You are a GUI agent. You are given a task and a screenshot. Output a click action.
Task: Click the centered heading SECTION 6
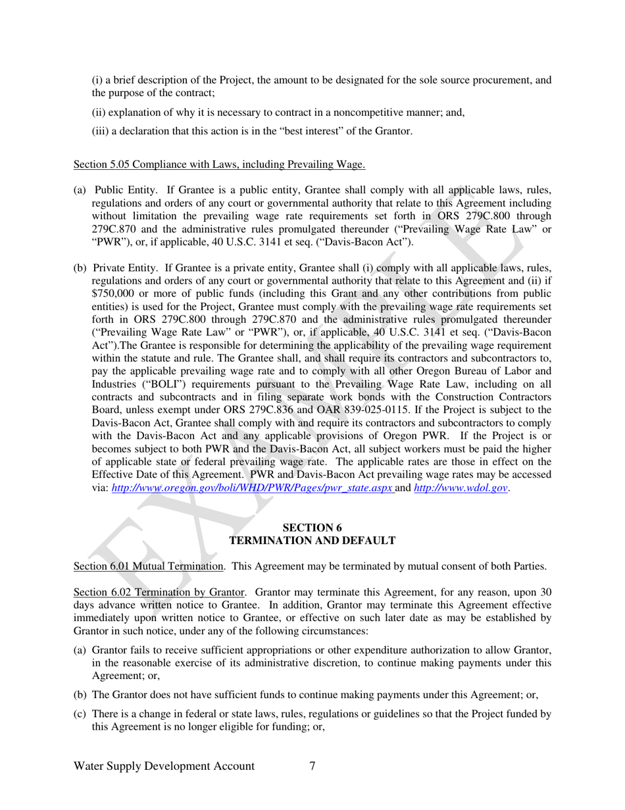[312, 528]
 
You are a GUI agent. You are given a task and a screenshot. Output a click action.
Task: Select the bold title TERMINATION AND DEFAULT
[312, 540]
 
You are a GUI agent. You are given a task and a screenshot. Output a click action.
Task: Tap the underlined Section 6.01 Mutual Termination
[149, 566]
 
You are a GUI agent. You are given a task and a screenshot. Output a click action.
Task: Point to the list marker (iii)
[99, 131]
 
